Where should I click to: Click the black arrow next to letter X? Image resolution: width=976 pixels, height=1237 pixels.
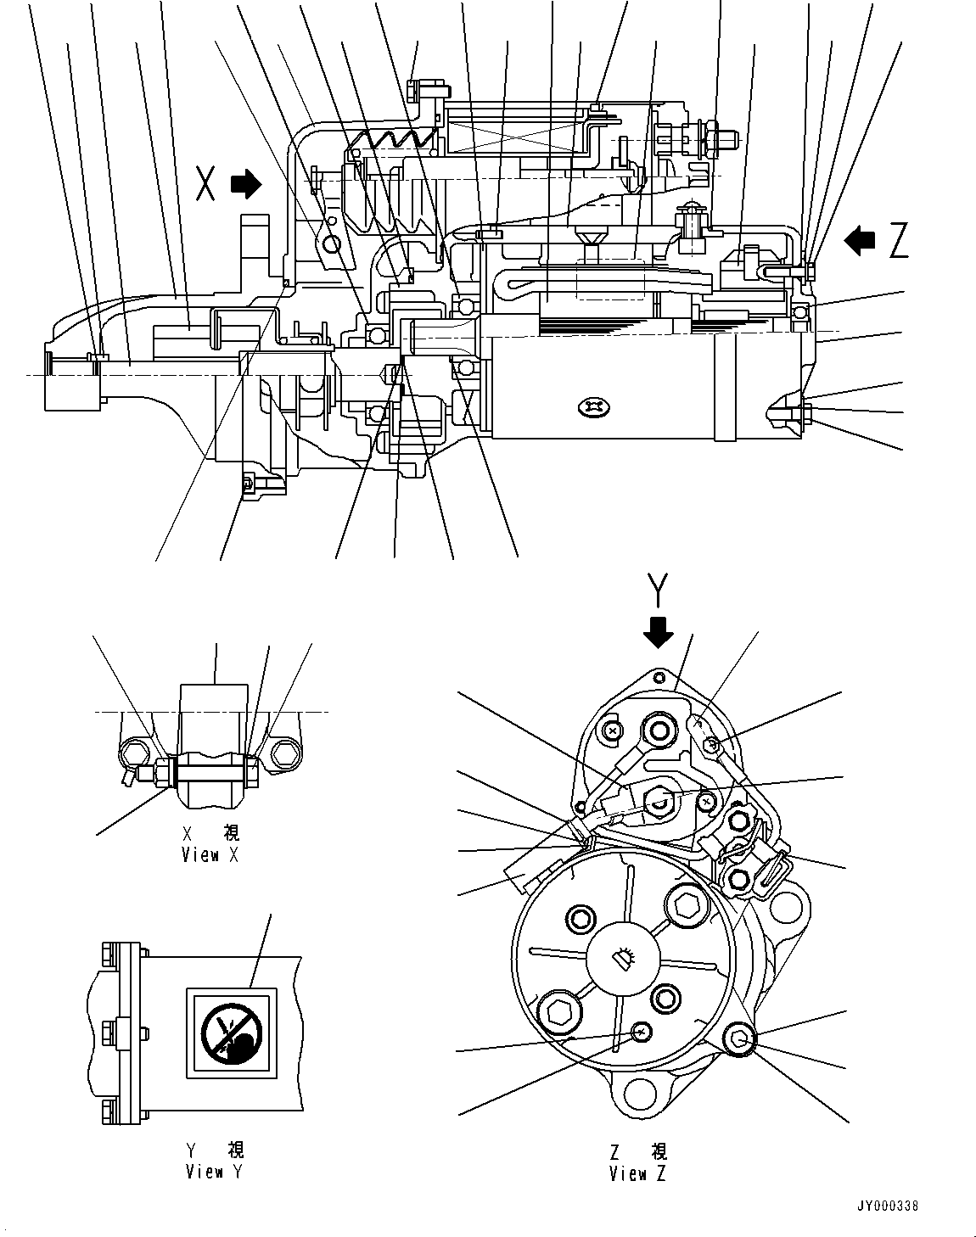248,184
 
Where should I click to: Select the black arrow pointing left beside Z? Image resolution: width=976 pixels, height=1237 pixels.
860,241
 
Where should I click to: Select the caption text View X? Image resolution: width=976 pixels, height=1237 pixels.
210,855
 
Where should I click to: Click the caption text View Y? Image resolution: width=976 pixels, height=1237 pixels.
216,1172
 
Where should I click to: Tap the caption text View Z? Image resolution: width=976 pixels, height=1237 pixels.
638,1174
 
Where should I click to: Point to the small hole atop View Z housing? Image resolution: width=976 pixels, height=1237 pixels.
659,677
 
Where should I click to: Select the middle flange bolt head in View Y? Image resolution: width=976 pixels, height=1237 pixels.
107,1032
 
